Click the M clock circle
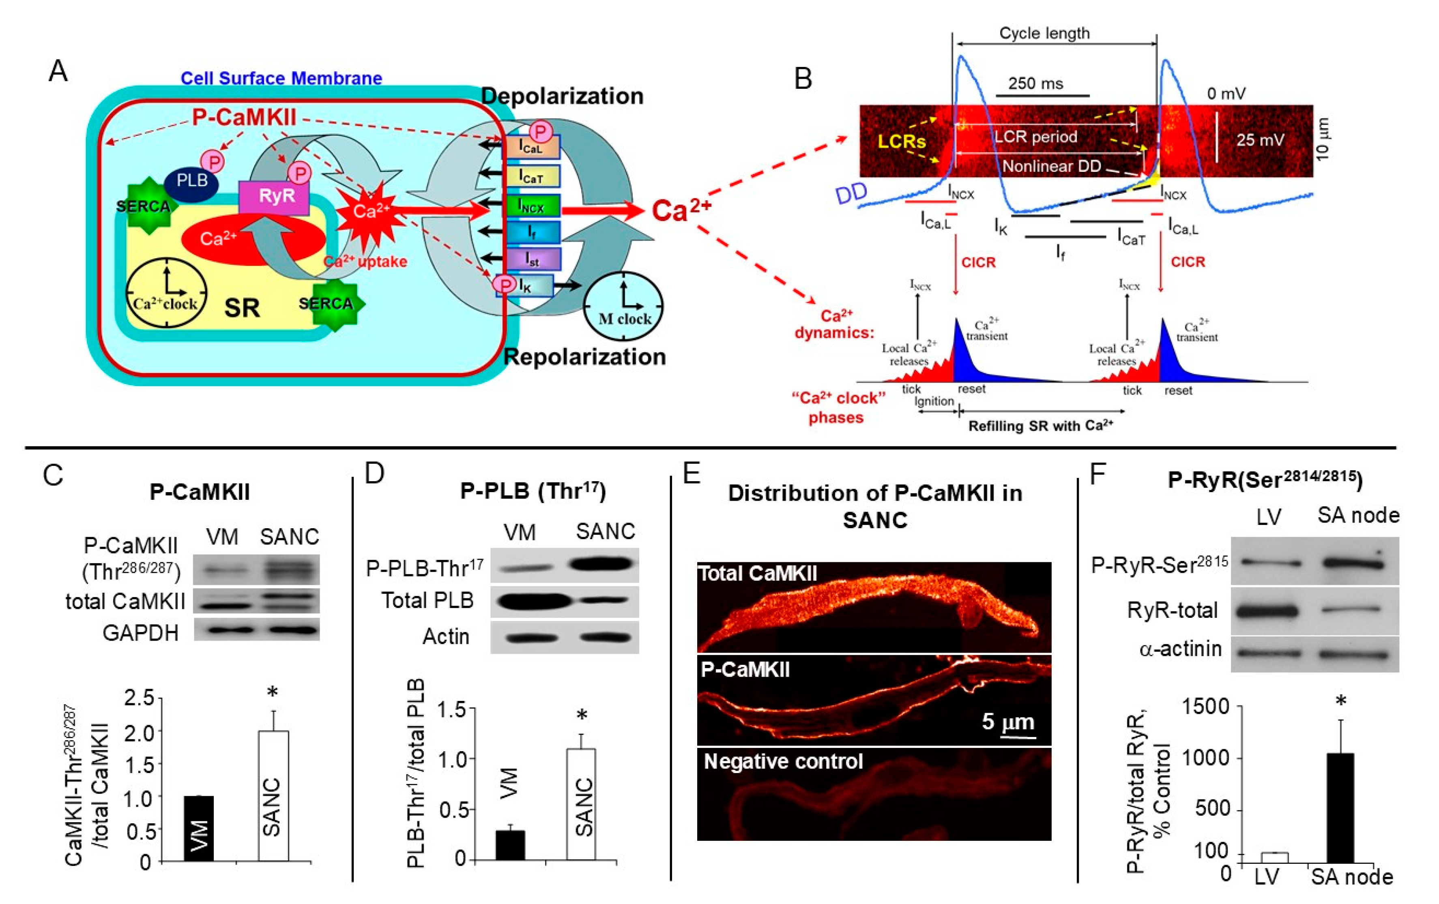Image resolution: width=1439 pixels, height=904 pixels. click(624, 307)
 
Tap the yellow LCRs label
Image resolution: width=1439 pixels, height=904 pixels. click(901, 141)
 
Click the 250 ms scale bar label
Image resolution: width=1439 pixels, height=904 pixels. click(1035, 84)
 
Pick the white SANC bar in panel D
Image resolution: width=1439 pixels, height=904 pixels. click(581, 804)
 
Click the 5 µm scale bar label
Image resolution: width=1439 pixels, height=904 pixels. click(1007, 722)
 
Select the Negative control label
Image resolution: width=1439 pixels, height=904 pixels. click(783, 762)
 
